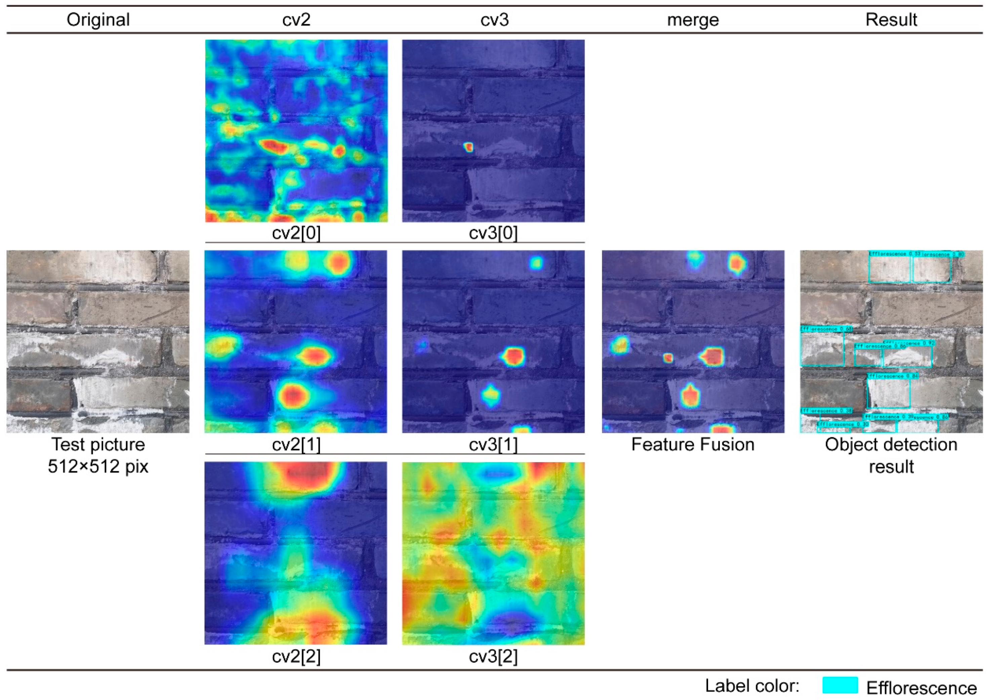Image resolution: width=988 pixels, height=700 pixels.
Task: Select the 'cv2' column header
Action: (x=296, y=20)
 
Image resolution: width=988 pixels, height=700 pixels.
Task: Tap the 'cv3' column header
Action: (x=494, y=20)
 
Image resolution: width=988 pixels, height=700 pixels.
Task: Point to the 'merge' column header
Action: (x=693, y=20)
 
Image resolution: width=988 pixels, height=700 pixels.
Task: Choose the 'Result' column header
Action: (x=891, y=20)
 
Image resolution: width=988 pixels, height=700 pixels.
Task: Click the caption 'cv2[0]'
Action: (x=296, y=233)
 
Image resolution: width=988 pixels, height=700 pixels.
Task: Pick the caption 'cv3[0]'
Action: (x=493, y=233)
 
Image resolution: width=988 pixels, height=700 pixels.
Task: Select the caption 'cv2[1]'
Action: (x=296, y=445)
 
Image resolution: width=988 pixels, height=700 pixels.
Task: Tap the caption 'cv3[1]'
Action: (x=493, y=445)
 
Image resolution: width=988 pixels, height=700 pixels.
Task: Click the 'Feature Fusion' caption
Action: (x=693, y=445)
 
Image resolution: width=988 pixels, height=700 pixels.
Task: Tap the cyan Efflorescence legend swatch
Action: (x=839, y=685)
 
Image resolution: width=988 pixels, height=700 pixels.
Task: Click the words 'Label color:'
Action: (x=752, y=685)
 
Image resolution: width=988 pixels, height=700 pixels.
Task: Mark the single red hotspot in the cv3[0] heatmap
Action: (x=468, y=147)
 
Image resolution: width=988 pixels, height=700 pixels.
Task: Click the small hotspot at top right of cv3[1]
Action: (x=536, y=263)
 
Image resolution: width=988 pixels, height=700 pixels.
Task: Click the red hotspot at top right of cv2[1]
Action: (x=339, y=263)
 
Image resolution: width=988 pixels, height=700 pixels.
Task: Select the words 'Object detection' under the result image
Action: (x=891, y=445)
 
